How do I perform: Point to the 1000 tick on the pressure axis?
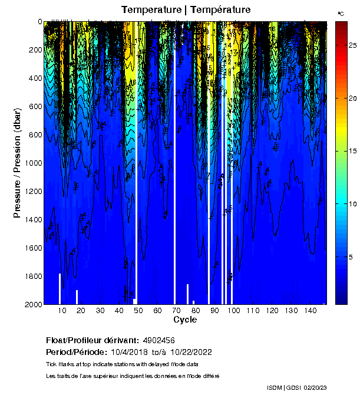tap(34, 163)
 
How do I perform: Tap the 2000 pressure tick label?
tap(34, 304)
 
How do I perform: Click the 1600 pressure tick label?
tap(34, 248)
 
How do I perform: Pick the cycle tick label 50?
tap(138, 311)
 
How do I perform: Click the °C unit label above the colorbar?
tap(341, 13)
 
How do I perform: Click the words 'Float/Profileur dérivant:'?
tap(92, 340)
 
